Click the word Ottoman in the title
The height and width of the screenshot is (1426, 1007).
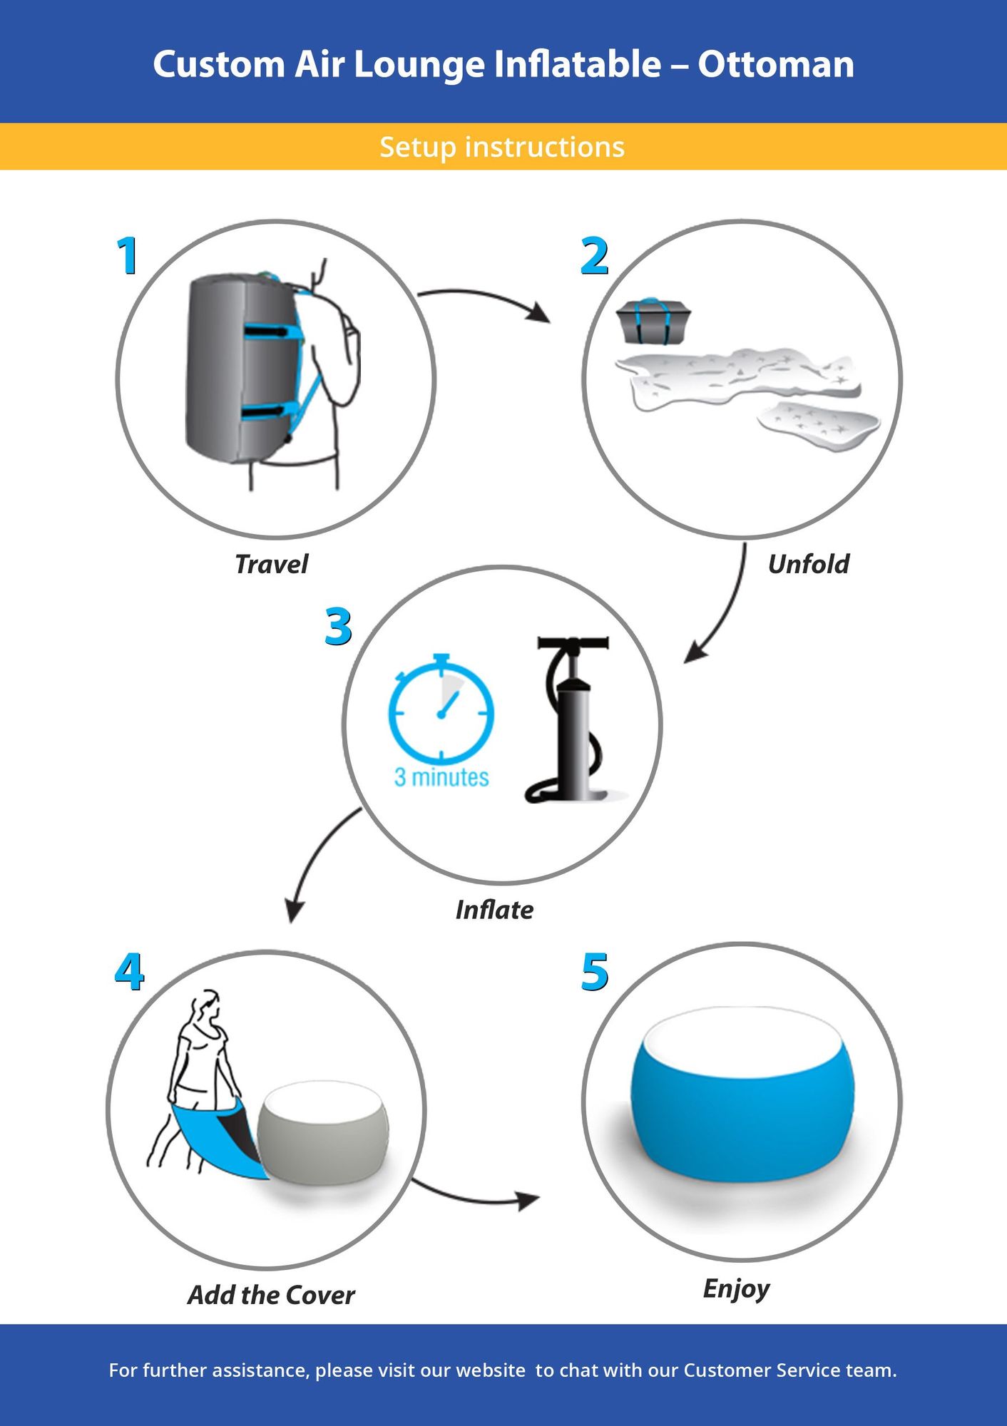coord(775,64)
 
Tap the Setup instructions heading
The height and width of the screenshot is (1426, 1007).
coord(502,147)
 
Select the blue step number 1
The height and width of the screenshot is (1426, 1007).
coord(128,256)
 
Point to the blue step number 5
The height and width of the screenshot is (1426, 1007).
coord(595,973)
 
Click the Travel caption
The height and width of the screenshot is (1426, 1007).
coord(271,564)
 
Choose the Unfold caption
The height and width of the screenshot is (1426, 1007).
coord(808,564)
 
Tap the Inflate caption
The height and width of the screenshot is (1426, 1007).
coord(494,910)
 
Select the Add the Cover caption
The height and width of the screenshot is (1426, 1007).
coord(271,1295)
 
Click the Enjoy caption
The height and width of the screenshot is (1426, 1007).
coord(736,1288)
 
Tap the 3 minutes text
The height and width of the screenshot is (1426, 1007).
coord(441,777)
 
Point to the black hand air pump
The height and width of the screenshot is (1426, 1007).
coord(574,720)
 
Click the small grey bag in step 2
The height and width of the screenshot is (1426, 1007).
coord(653,321)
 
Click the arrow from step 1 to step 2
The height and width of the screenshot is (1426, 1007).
coord(485,298)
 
